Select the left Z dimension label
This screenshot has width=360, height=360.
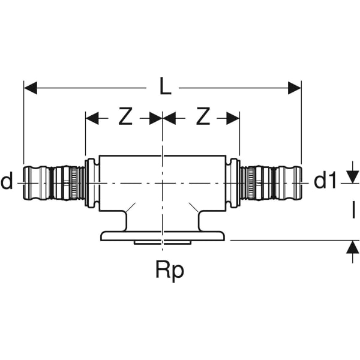pyautogui.click(x=124, y=118)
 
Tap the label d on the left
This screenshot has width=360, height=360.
pyautogui.click(x=7, y=181)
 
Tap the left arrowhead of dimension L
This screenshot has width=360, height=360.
pyautogui.click(x=30, y=88)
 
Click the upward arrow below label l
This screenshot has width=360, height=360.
pyautogui.click(x=350, y=252)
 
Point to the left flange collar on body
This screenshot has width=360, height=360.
pyautogui.click(x=91, y=183)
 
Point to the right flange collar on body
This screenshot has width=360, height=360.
pyautogui.click(x=234, y=183)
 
